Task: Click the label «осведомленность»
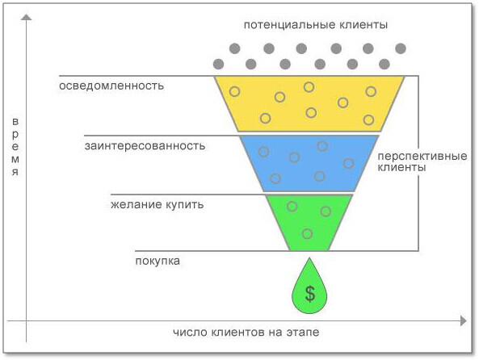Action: click(x=111, y=86)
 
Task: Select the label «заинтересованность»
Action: click(x=145, y=145)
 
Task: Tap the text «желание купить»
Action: click(x=157, y=204)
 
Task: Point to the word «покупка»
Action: click(x=158, y=261)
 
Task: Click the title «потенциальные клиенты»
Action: click(x=316, y=25)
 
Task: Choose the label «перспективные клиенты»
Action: click(x=422, y=161)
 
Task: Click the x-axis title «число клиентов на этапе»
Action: click(x=246, y=332)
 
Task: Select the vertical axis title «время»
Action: click(x=15, y=146)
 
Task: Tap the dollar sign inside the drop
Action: click(x=310, y=294)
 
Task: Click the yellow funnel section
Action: click(x=309, y=104)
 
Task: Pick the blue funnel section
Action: click(x=309, y=163)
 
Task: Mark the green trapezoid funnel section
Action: click(x=309, y=223)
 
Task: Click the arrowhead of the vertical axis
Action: click(x=27, y=17)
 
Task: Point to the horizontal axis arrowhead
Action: click(x=464, y=321)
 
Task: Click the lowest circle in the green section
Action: click(x=307, y=234)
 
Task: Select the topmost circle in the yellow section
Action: click(x=309, y=87)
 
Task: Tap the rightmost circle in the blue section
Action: click(x=348, y=163)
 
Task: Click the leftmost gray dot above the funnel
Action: click(x=218, y=64)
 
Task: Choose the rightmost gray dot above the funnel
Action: click(x=401, y=48)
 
